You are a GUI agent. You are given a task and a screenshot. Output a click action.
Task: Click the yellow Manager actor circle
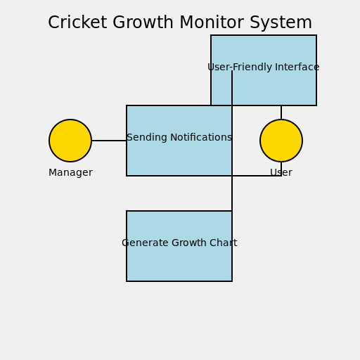pos(70,141)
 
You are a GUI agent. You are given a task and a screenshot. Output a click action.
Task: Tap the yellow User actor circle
pos(281,141)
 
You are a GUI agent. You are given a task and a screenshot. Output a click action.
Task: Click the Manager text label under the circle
pos(70,173)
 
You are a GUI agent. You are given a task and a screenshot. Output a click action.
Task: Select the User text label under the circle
pos(281,173)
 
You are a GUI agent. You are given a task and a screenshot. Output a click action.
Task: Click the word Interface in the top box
pos(297,67)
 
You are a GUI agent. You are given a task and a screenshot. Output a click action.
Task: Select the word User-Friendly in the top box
pos(239,67)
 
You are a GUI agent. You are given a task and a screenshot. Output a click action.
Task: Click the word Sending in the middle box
pos(145,138)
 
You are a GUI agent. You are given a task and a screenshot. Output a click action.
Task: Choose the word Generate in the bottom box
pos(145,243)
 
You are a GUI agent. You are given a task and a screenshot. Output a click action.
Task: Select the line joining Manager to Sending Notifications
pos(109,141)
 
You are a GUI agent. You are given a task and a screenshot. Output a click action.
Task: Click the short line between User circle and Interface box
pos(281,112)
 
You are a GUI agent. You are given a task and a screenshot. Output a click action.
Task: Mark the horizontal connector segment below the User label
pos(257,176)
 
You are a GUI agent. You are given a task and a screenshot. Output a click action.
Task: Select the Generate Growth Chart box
pos(179,264)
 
